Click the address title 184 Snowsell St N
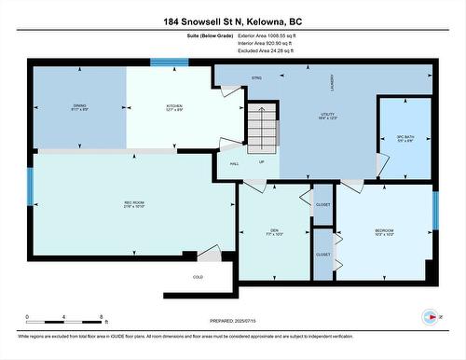(x=233, y=21)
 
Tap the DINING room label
(x=79, y=107)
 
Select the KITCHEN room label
(x=174, y=107)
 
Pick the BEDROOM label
(x=385, y=231)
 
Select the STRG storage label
(x=256, y=78)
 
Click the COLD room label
(x=198, y=277)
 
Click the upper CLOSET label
(x=322, y=203)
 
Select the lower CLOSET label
(x=322, y=254)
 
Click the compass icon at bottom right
(x=430, y=316)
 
